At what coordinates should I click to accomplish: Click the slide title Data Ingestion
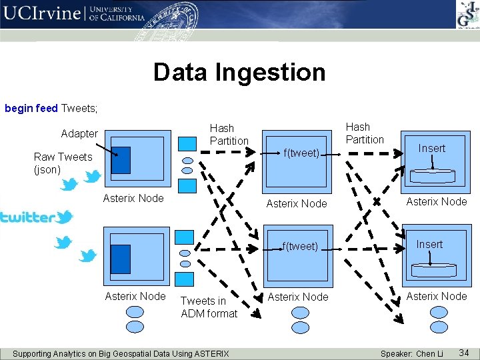click(x=239, y=72)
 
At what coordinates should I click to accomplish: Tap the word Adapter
click(x=79, y=133)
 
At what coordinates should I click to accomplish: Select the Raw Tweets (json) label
click(x=63, y=163)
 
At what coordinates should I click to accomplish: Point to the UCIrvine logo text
click(x=41, y=14)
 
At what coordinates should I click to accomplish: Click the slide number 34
click(x=465, y=352)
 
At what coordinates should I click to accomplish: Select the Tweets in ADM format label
click(x=209, y=307)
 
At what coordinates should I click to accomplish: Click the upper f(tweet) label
click(x=301, y=153)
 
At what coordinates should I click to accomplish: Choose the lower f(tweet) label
click(x=300, y=246)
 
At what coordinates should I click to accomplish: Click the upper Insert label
click(x=431, y=148)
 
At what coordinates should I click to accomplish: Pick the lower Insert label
click(x=429, y=244)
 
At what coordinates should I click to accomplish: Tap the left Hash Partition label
click(x=229, y=134)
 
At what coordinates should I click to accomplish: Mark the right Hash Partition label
click(x=365, y=133)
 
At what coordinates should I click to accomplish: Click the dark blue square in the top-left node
click(x=121, y=160)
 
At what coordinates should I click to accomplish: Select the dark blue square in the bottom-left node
click(x=120, y=259)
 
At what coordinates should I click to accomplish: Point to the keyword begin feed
click(x=31, y=107)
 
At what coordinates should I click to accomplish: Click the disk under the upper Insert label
click(x=432, y=175)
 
